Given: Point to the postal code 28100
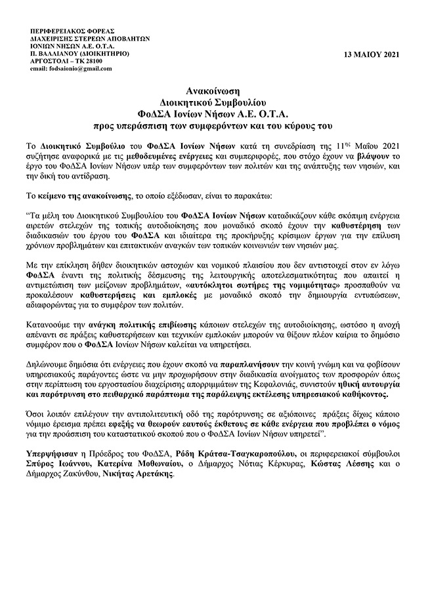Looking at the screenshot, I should (91, 60).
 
